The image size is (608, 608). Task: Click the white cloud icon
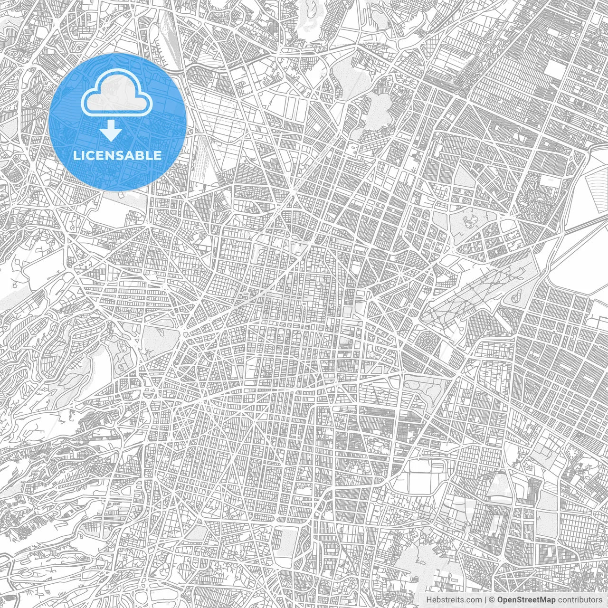pyautogui.click(x=116, y=96)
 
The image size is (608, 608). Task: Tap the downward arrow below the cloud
pyautogui.click(x=111, y=131)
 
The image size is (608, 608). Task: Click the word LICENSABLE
pyautogui.click(x=117, y=155)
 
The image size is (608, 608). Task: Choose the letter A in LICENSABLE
pyautogui.click(x=136, y=155)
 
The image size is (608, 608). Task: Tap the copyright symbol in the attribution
pyautogui.click(x=493, y=600)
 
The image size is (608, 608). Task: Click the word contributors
pyautogui.click(x=575, y=600)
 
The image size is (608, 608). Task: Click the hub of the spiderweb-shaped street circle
pyautogui.click(x=431, y=342)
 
